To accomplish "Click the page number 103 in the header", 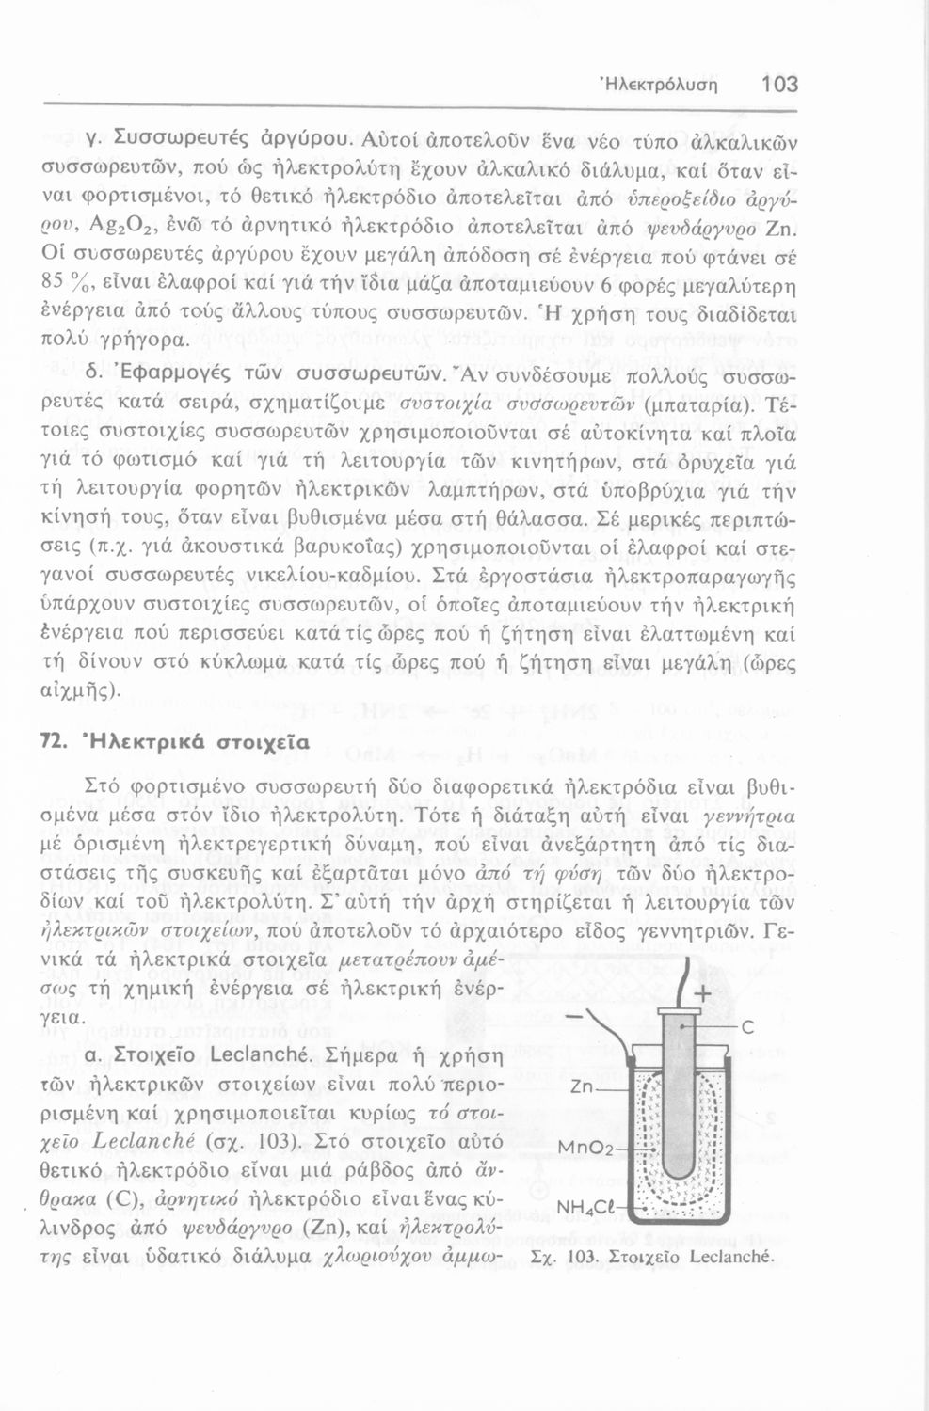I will click(779, 84).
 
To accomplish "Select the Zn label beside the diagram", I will click(586, 1087).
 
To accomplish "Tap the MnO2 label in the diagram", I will click(586, 1149).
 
